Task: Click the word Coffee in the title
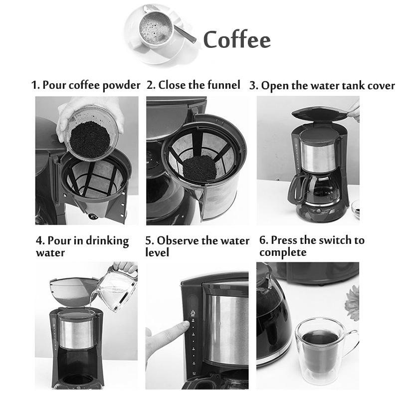[236, 39]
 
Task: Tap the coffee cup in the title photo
[156, 28]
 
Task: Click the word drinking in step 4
[107, 241]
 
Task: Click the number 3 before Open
[253, 86]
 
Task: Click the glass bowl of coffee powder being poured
[90, 134]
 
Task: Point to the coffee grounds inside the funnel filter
[199, 168]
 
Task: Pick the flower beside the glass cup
[353, 302]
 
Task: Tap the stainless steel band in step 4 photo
[77, 334]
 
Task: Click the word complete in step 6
[283, 253]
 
